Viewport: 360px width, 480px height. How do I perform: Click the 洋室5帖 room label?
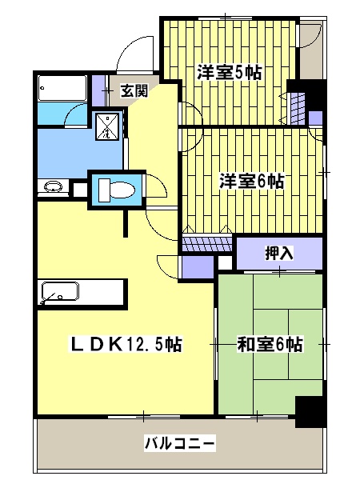click(230, 70)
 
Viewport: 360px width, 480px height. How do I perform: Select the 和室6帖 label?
click(270, 345)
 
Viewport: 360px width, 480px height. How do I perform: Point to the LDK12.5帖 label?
click(126, 345)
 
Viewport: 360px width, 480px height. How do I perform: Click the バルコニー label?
click(179, 442)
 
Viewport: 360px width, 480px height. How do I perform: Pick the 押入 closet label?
click(280, 254)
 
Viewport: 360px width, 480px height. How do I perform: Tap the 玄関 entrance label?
click(134, 91)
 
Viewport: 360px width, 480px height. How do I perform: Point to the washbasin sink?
click(52, 189)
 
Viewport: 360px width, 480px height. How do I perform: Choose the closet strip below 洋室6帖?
click(207, 241)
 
